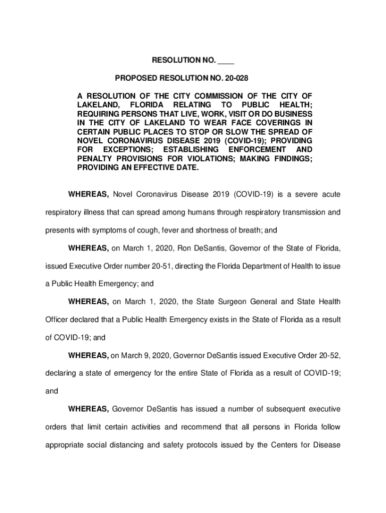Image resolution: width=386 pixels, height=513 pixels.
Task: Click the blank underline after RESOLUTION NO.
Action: click(226, 61)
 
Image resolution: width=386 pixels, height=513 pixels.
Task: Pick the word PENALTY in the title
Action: click(95, 159)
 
